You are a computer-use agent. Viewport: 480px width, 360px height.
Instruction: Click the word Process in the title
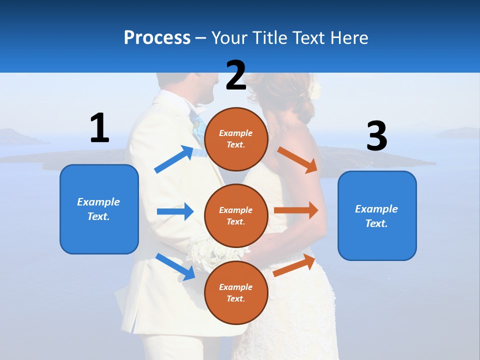(x=157, y=37)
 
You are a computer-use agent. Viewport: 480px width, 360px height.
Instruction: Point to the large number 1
(x=99, y=128)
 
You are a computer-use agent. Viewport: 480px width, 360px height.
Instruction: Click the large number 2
(x=236, y=75)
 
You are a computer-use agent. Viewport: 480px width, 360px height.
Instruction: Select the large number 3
(x=376, y=136)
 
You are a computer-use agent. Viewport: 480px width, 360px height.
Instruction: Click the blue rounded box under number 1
(x=99, y=209)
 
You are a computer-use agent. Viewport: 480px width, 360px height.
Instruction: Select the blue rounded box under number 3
(x=377, y=215)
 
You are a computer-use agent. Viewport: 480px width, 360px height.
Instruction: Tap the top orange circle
(x=236, y=139)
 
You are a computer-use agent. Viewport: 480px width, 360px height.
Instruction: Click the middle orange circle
(x=236, y=215)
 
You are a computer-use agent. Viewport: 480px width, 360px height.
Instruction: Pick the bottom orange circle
(x=236, y=292)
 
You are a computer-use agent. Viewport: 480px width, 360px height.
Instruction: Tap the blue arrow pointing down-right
(x=175, y=266)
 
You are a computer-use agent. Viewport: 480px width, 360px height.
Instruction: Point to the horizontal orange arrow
(x=295, y=210)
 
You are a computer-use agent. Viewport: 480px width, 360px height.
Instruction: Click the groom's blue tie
(x=197, y=126)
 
